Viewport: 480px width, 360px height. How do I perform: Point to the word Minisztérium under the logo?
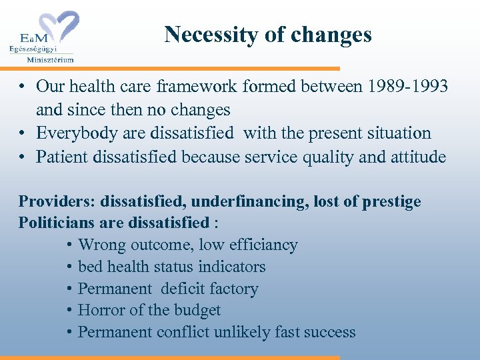pos(50,59)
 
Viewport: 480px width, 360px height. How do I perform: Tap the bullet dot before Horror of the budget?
pos(70,311)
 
